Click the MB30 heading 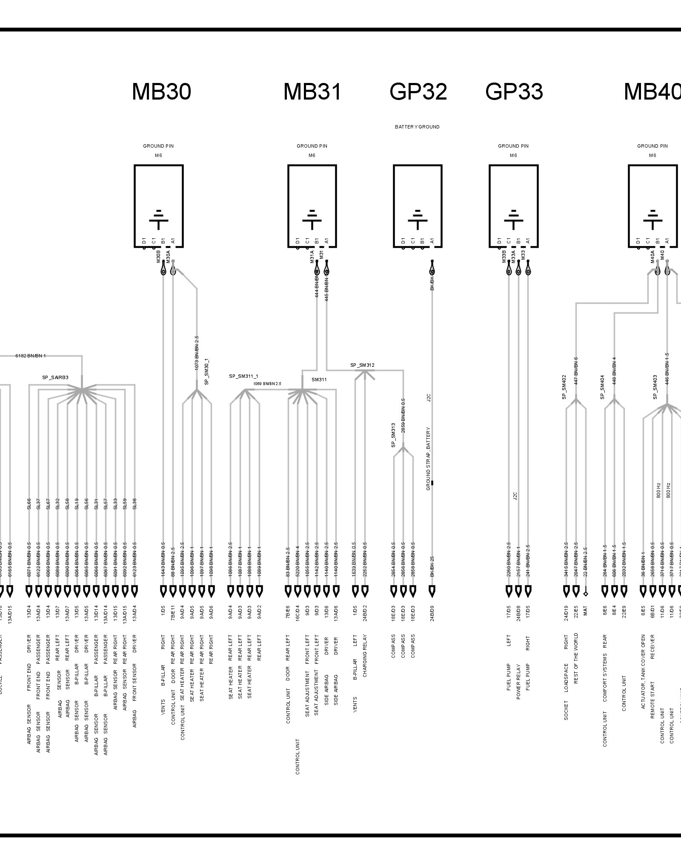point(161,91)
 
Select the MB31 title point(312,91)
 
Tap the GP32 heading point(418,91)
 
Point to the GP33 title point(514,91)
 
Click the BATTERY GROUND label point(417,127)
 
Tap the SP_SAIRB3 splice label point(55,377)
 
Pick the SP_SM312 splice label point(362,365)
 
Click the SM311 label point(319,380)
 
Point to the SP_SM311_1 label point(243,376)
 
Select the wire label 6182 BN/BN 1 point(31,355)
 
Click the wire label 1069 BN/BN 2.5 point(267,384)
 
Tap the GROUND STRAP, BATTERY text point(429,459)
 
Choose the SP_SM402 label point(564,387)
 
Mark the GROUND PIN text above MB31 point(312,146)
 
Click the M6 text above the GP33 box point(513,155)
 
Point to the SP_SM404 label point(602,387)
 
